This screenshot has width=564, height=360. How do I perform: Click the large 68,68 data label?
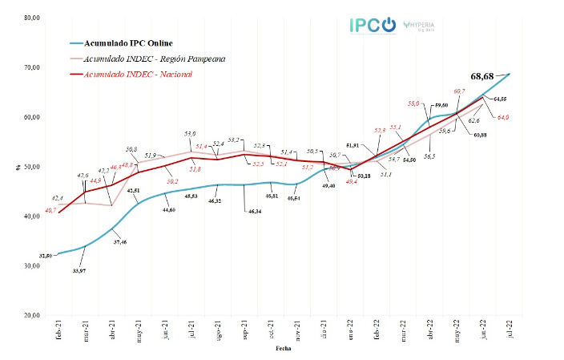[x=486, y=75]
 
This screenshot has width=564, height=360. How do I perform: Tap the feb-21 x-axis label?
[x=58, y=330]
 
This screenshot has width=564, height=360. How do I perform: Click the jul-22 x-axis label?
[x=510, y=330]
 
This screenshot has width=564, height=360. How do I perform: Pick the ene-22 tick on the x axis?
[x=351, y=330]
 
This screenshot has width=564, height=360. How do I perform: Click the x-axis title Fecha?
[x=284, y=350]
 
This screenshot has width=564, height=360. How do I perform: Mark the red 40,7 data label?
[x=50, y=210]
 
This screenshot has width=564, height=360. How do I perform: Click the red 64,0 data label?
[x=503, y=118]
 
